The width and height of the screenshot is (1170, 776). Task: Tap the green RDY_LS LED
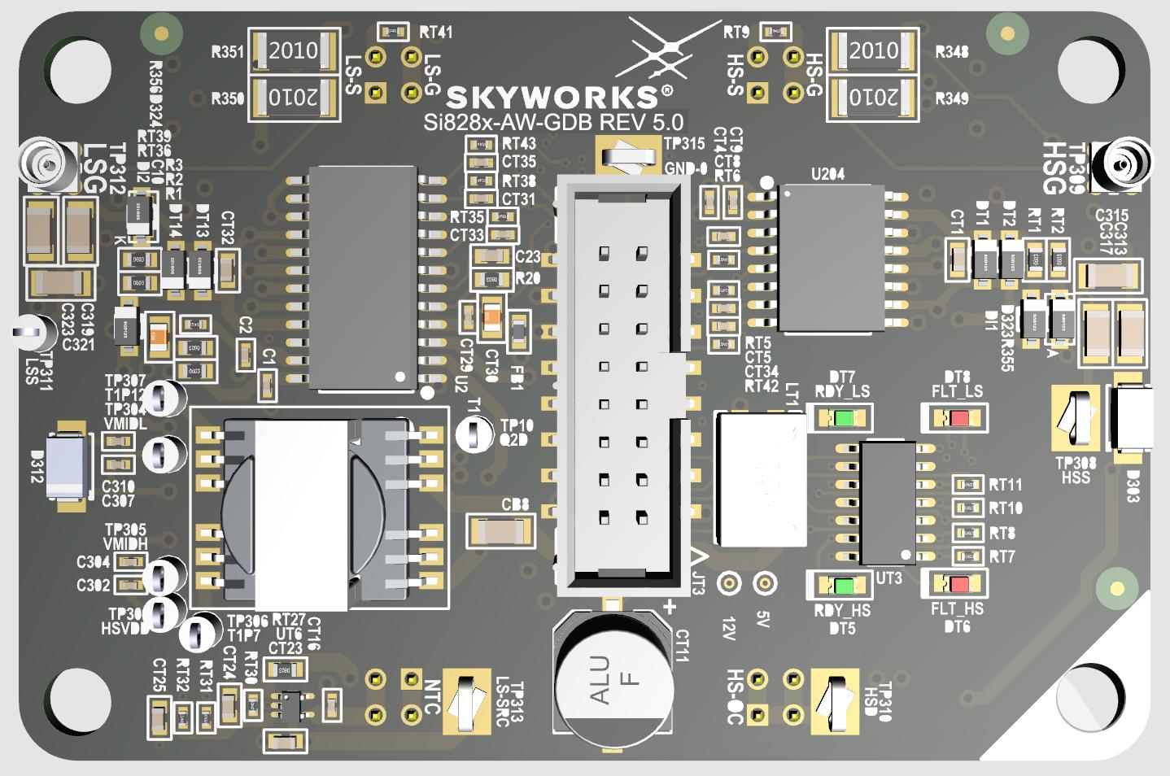[x=843, y=419]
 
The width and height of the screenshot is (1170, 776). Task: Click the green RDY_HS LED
[x=843, y=585]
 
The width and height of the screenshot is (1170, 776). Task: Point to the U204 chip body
[x=831, y=258]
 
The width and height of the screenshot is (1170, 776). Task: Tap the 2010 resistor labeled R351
[x=293, y=51]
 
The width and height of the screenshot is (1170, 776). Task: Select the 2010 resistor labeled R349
[x=873, y=98]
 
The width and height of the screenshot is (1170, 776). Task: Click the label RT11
[x=1006, y=485]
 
